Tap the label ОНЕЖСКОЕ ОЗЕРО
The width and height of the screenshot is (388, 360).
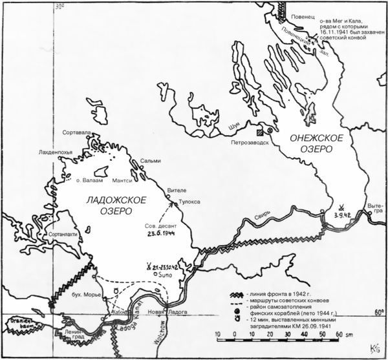[314, 143]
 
